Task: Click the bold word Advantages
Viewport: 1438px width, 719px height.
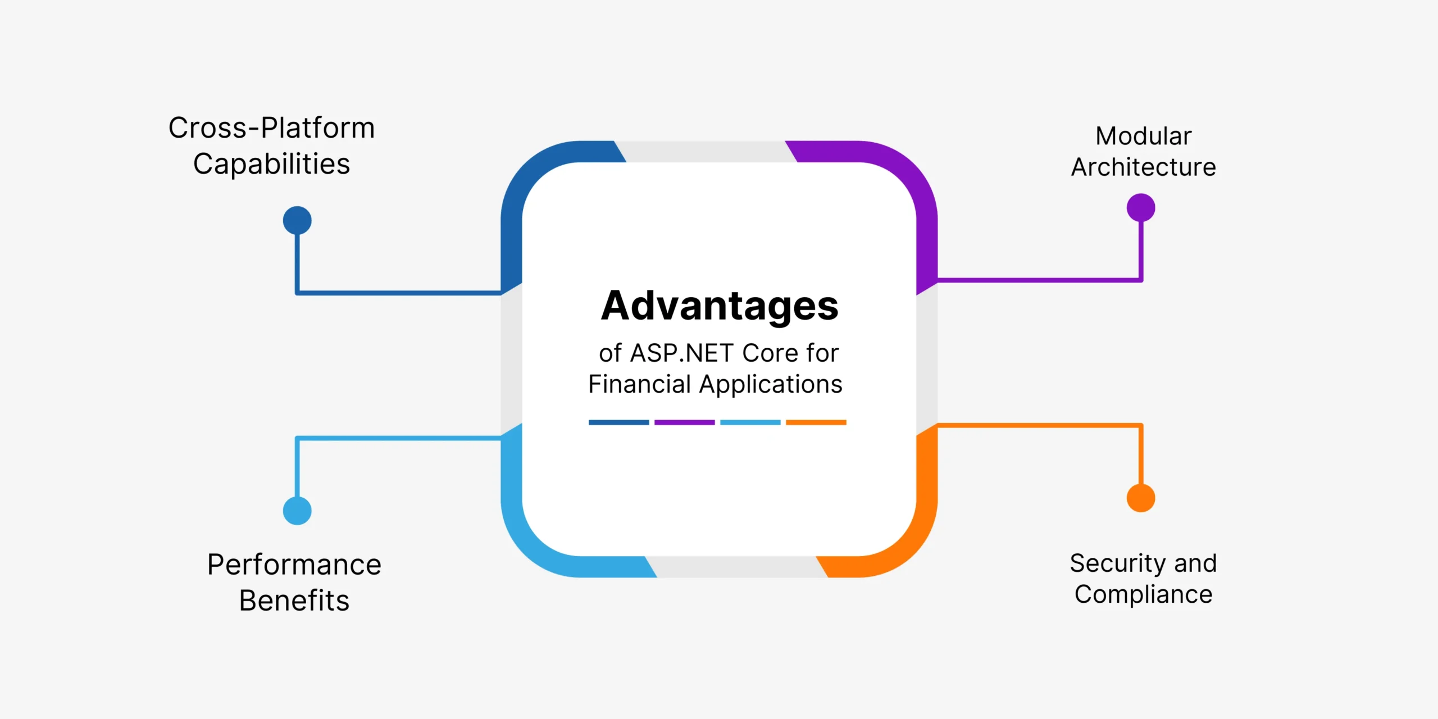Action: (720, 307)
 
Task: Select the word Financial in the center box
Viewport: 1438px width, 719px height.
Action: (639, 384)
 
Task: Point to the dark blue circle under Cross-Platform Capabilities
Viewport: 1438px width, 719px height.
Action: (297, 220)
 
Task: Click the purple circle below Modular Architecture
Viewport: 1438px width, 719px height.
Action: (1141, 208)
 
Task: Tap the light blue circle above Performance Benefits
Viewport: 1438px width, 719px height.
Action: (297, 511)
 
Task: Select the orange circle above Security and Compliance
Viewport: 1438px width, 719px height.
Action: (1141, 498)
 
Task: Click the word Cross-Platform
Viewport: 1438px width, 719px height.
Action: (271, 128)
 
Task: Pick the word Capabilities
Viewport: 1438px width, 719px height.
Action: (272, 165)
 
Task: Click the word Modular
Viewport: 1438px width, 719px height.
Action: (1144, 136)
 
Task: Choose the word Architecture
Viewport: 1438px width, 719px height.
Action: (1144, 167)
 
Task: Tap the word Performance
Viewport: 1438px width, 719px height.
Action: (294, 565)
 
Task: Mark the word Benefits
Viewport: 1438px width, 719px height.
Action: (294, 600)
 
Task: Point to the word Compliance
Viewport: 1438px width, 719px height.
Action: (1144, 595)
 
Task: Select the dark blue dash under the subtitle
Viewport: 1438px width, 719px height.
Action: (619, 422)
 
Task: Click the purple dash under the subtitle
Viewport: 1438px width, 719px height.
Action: (685, 422)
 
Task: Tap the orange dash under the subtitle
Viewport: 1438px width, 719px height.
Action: (816, 422)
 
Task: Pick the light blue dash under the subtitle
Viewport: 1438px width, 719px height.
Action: (750, 422)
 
